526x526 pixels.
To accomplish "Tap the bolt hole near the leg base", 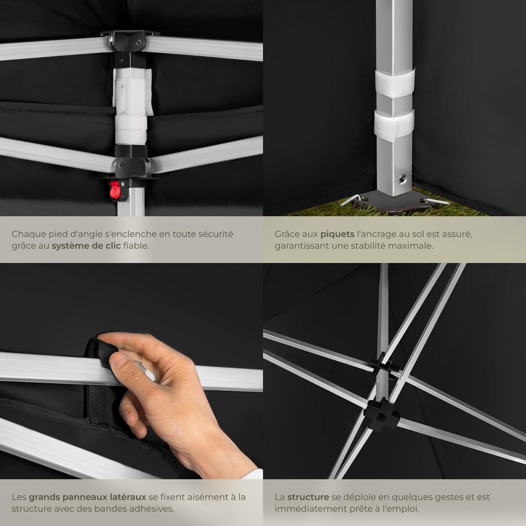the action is click(x=403, y=179).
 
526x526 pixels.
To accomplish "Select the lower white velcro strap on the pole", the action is click(x=394, y=125).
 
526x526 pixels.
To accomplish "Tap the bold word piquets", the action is click(x=338, y=234).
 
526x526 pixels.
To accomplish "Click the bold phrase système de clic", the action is click(x=86, y=245).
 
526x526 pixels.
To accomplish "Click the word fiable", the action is click(x=136, y=245).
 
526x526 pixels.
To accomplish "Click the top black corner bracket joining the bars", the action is click(x=129, y=40).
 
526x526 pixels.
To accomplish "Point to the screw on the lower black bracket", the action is click(x=121, y=164).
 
